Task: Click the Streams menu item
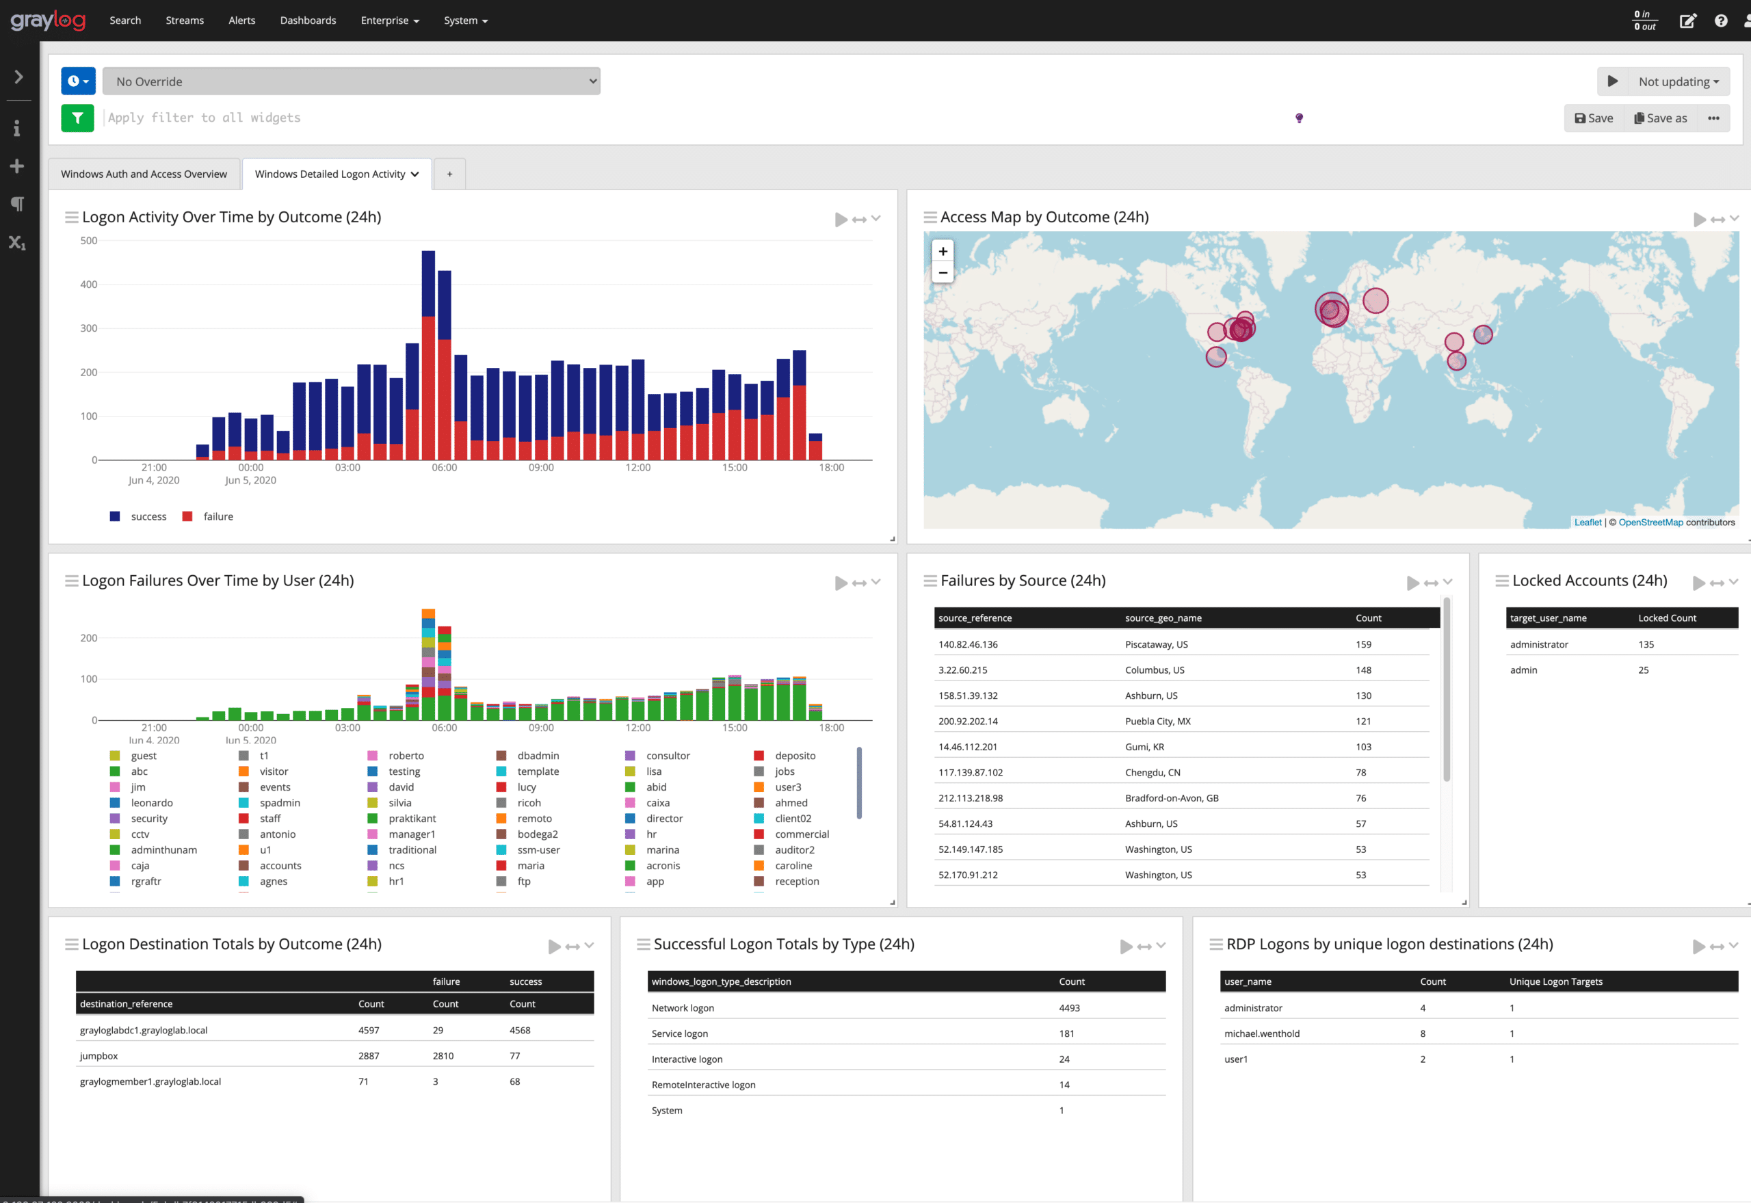pos(185,21)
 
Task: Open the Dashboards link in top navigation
pos(308,21)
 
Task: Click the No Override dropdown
pos(352,81)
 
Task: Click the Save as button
pos(1660,118)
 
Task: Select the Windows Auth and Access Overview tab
pos(144,174)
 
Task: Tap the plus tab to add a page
pos(450,174)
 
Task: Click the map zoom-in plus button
pos(943,252)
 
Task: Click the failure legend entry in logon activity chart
pos(218,516)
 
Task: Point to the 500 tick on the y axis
pos(89,241)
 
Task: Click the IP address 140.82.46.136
pos(968,644)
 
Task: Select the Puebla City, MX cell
pos(1157,722)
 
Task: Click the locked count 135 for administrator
pos(1646,644)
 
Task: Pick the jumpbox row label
pos(98,1056)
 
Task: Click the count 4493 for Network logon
pos(1069,1008)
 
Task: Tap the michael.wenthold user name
pos(1261,1033)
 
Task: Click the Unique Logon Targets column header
pos(1555,981)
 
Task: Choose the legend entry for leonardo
pos(152,803)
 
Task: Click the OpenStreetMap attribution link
pos(1650,523)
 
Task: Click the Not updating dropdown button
pos(1678,81)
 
